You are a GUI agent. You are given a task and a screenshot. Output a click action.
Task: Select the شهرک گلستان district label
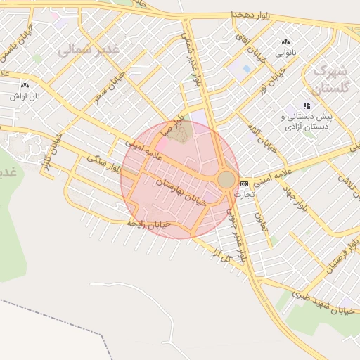[x=329, y=79]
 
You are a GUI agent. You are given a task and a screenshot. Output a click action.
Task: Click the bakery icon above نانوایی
[x=285, y=42]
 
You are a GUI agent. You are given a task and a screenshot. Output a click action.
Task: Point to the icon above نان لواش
[x=25, y=84]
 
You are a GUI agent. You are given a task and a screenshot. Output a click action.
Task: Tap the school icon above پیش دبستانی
[x=307, y=105]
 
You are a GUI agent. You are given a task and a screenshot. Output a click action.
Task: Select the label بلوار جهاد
[x=295, y=198]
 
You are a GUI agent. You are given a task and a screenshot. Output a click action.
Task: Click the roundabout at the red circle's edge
[x=226, y=179]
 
